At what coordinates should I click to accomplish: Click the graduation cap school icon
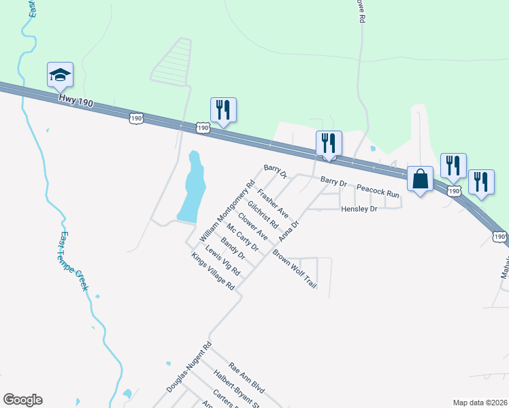point(59,75)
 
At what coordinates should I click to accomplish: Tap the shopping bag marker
point(421,180)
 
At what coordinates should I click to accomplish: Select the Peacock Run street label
point(378,193)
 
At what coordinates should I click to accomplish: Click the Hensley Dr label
point(359,209)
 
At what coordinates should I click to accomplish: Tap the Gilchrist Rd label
point(263,214)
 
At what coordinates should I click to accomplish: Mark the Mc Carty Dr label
point(243,237)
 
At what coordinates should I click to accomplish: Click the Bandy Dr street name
point(233,248)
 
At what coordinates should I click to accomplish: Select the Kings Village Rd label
point(213,272)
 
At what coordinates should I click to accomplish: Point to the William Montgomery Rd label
point(227,211)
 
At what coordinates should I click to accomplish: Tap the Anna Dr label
point(289,231)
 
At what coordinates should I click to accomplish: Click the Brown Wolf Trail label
point(295,269)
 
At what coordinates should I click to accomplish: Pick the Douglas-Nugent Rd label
point(190,367)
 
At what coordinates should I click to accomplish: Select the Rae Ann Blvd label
point(246,378)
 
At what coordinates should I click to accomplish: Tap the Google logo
point(22,400)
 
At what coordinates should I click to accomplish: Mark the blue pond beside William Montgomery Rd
point(191,188)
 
